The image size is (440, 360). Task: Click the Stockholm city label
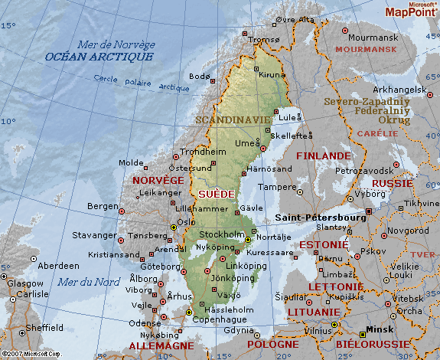coord(221,234)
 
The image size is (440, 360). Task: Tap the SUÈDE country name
coord(217,195)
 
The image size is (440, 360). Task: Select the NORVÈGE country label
coord(158,180)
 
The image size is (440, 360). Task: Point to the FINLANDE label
coord(323,155)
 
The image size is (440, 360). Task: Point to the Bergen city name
coord(103,206)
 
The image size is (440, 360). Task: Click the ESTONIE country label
coord(318,245)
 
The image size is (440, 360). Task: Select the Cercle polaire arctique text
coord(131,83)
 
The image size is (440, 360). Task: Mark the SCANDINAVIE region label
coord(233,120)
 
